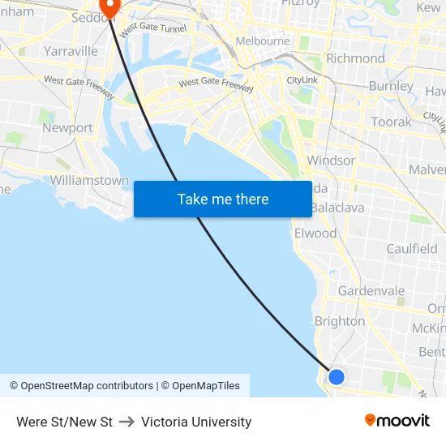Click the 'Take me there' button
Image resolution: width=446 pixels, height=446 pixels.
pos(223,199)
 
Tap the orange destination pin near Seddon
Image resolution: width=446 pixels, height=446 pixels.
pos(108,6)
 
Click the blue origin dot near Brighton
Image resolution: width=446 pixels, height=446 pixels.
pos(337,376)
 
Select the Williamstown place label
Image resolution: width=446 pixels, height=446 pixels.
pos(89,180)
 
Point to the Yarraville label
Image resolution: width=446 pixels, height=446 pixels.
pos(71,51)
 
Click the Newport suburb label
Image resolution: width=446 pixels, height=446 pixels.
pos(67,128)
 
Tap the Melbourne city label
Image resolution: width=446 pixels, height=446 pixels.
pos(262,41)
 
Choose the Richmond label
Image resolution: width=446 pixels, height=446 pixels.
pos(355,58)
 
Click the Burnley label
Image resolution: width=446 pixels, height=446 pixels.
pos(391,86)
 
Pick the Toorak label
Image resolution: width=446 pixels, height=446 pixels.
pos(391,122)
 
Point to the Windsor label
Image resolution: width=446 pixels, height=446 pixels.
pos(331,161)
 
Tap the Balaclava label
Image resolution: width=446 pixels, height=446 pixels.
pos(339,208)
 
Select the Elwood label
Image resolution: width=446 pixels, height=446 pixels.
pos(315,234)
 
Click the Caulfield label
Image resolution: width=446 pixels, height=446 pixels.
pos(412,249)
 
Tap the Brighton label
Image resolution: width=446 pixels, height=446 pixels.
pos(340,321)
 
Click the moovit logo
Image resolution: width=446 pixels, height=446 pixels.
pos(397,420)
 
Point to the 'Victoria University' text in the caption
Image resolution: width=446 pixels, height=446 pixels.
pos(196,422)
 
